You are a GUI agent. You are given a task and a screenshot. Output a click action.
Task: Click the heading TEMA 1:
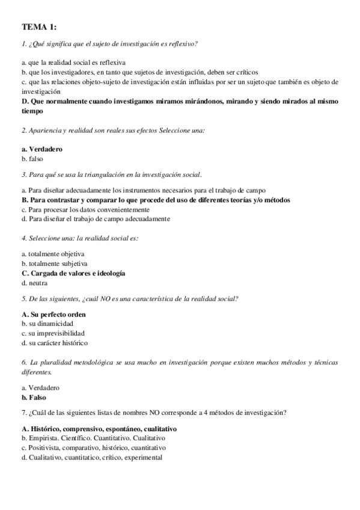coord(39,27)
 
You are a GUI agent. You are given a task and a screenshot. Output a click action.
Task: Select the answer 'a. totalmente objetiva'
coord(53,254)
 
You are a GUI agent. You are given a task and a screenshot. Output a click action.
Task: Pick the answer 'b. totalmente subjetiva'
coord(55,263)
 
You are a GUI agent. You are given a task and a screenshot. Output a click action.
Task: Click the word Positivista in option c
coord(45,447)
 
